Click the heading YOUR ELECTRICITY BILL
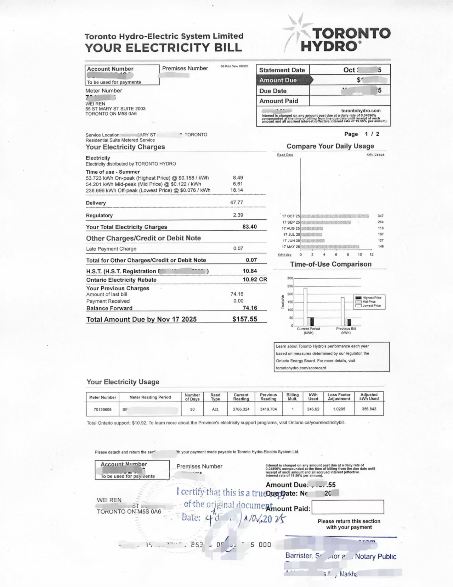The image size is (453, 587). [x=163, y=48]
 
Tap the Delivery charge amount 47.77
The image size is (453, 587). [x=237, y=202]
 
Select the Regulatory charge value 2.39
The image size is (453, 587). [x=238, y=215]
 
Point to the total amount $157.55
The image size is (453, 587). [x=245, y=319]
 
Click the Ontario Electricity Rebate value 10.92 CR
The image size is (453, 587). [x=255, y=279]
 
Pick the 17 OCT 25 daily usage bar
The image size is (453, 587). [x=334, y=216]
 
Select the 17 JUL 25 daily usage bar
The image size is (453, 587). [x=311, y=234]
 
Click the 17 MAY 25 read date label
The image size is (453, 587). [x=291, y=247]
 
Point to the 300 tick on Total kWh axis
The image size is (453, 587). [x=290, y=278]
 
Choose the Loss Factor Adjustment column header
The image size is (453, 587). [x=339, y=397]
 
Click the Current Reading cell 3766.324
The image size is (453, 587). [x=241, y=409]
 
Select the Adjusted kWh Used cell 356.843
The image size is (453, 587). [x=369, y=409]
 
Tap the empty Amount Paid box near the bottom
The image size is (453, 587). [x=347, y=507]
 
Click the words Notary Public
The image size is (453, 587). [x=375, y=557]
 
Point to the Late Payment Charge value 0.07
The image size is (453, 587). [x=238, y=248]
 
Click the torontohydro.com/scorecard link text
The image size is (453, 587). [x=301, y=368]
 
